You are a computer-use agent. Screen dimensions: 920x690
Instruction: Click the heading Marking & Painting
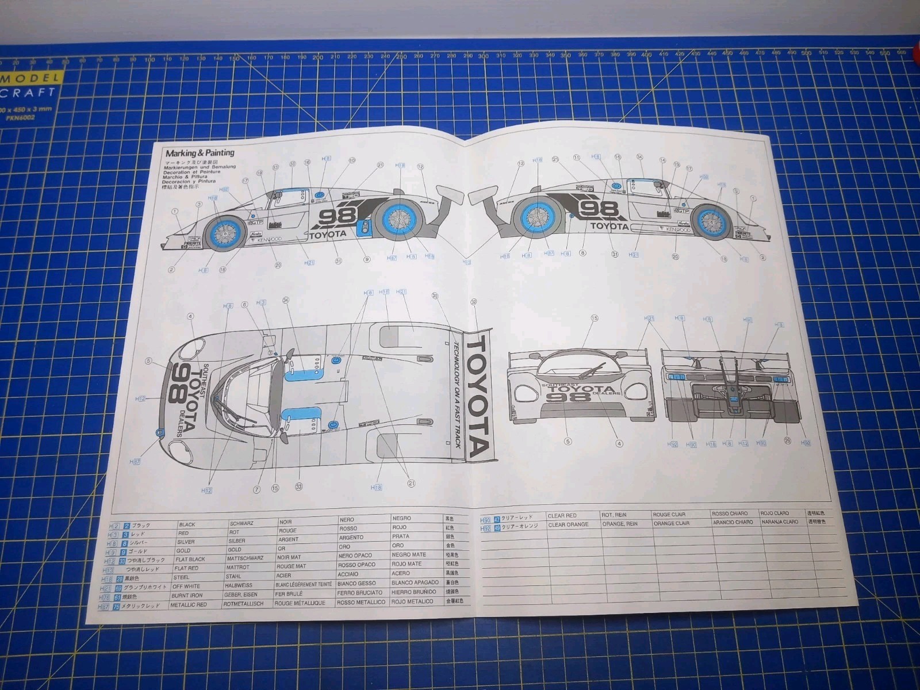coord(200,153)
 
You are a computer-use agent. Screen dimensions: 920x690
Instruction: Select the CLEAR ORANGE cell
coord(568,524)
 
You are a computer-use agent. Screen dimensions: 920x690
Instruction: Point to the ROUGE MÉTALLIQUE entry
coord(299,603)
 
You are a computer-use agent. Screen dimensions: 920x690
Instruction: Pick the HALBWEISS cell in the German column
coord(238,585)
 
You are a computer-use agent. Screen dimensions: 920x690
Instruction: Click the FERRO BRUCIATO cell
coord(359,592)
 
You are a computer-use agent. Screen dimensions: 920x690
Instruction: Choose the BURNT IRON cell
coord(186,596)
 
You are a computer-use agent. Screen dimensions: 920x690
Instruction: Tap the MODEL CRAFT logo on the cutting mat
coord(29,85)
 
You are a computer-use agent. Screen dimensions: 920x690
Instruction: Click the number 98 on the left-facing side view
coord(338,217)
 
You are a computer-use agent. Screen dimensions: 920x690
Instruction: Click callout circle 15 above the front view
coord(594,318)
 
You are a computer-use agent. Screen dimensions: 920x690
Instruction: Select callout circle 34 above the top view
coord(285,300)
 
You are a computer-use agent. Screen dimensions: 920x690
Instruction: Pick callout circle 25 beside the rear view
coord(787,441)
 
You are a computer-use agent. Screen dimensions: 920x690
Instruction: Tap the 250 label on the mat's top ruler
coord(401,57)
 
